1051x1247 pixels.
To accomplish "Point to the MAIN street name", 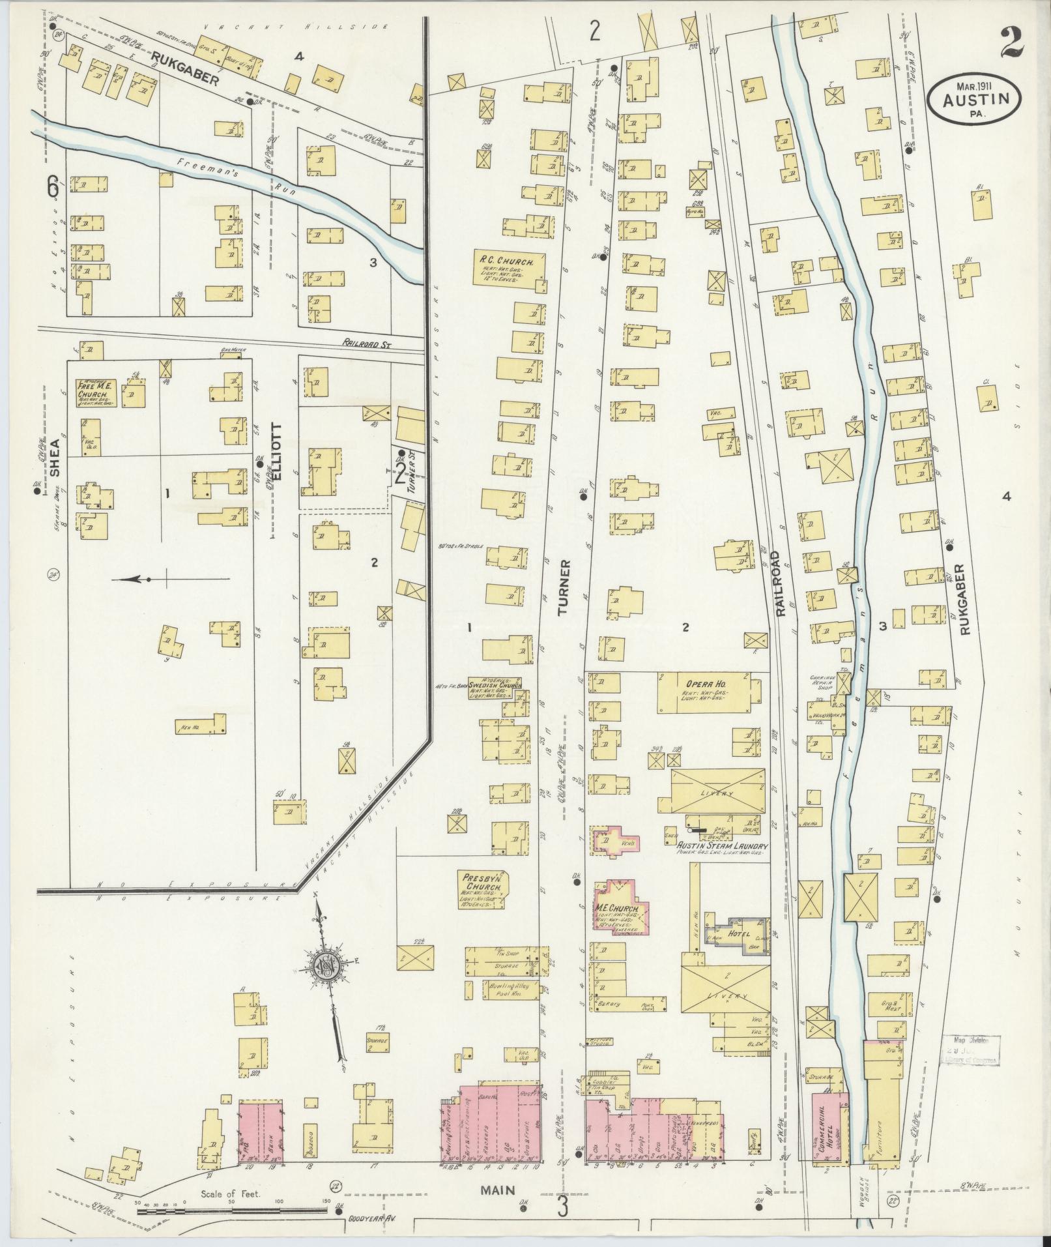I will [498, 1190].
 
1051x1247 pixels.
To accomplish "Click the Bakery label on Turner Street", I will [608, 1022].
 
